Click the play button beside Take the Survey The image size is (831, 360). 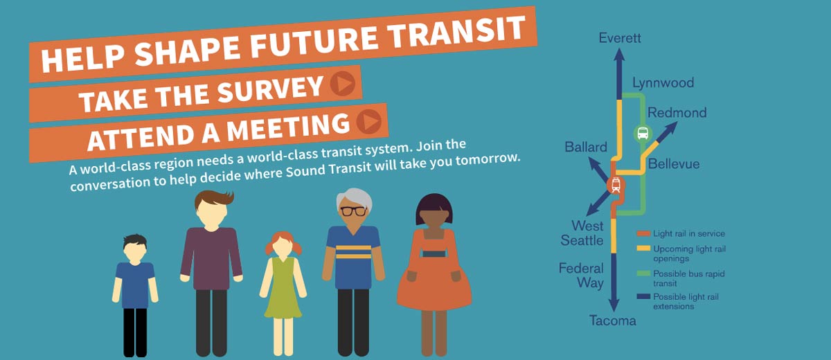[x=342, y=84]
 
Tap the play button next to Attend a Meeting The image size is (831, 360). [x=368, y=121]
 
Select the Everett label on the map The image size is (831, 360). [x=620, y=38]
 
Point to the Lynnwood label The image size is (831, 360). [x=663, y=82]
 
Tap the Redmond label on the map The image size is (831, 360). [x=677, y=112]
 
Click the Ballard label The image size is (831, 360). [x=586, y=147]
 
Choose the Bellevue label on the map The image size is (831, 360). [x=674, y=163]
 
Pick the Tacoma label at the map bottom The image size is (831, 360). [x=612, y=321]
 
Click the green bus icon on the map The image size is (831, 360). [x=643, y=133]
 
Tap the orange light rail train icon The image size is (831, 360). [x=616, y=185]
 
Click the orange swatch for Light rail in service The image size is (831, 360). [x=643, y=233]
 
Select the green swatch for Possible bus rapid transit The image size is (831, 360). [x=643, y=273]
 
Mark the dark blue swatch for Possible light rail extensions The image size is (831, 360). [x=643, y=296]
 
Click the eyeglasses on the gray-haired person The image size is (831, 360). [x=353, y=211]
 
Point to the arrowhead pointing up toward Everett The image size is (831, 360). [x=619, y=55]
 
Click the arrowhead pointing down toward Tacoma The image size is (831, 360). [x=614, y=305]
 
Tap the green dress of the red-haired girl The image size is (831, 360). [x=283, y=288]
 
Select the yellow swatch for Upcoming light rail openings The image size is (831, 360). [x=643, y=249]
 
